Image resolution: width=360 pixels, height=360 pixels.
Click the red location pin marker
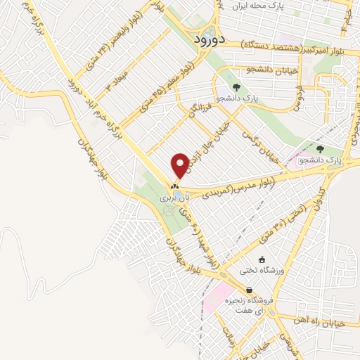(181, 165)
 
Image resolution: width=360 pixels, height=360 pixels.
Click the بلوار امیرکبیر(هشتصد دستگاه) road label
(297, 44)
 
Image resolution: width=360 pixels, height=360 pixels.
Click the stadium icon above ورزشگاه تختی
(262, 259)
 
